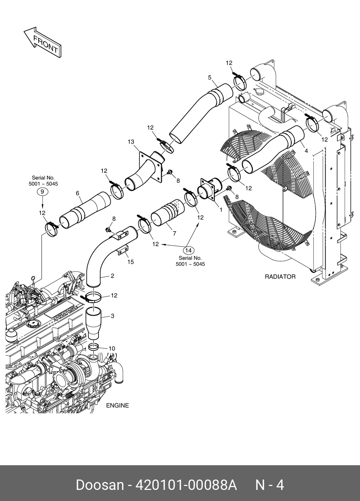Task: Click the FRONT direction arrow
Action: tap(43, 42)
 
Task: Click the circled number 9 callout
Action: tap(42, 192)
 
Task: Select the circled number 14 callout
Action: tap(188, 250)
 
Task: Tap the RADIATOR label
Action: tap(280, 277)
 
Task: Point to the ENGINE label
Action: tap(117, 405)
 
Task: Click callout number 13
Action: tap(131, 142)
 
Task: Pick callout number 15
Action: tap(130, 262)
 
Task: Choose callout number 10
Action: tap(112, 348)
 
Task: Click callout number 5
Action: tap(209, 77)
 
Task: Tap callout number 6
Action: tap(77, 193)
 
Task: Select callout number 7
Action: tap(174, 233)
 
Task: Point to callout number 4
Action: tap(306, 151)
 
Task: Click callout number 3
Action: tap(112, 316)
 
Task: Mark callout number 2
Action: tap(112, 276)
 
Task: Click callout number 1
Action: tap(221, 210)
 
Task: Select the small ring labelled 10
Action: tap(93, 347)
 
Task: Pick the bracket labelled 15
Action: tap(123, 250)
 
